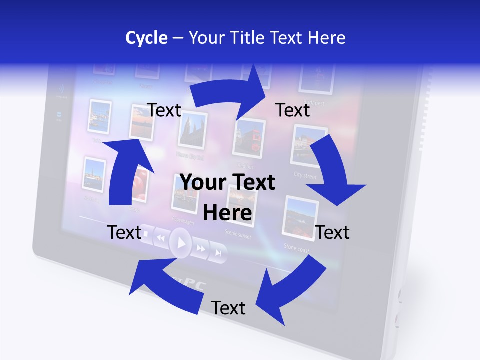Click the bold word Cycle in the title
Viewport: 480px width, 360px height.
tap(146, 38)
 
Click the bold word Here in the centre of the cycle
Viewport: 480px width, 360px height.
tap(227, 213)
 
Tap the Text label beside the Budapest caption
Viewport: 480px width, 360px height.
tap(293, 110)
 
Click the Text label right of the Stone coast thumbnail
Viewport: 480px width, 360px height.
tap(332, 232)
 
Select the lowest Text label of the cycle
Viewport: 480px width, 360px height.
tap(228, 308)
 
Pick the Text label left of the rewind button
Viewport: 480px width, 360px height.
tap(125, 232)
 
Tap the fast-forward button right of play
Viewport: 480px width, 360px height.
tap(201, 248)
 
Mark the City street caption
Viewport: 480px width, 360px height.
tap(305, 176)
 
